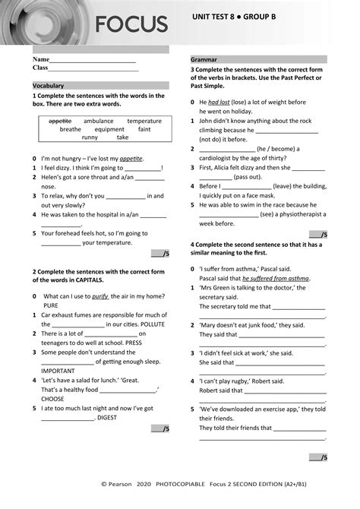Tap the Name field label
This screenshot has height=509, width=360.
(40, 58)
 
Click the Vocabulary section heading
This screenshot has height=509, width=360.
(48, 86)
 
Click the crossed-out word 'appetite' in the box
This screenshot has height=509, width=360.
(59, 121)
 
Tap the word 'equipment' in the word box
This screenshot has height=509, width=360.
(109, 129)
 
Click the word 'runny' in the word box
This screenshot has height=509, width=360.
(90, 138)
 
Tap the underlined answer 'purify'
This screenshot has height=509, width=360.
(100, 296)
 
